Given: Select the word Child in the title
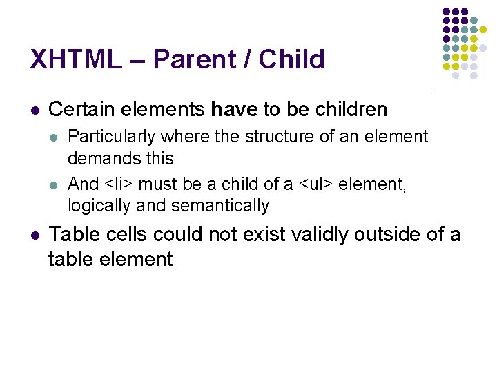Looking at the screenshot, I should point(291,60).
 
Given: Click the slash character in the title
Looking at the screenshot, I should point(247,60).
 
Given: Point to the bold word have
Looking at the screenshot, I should point(235,109).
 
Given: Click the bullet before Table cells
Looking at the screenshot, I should point(35,236).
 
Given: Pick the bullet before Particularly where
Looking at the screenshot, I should point(55,137).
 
